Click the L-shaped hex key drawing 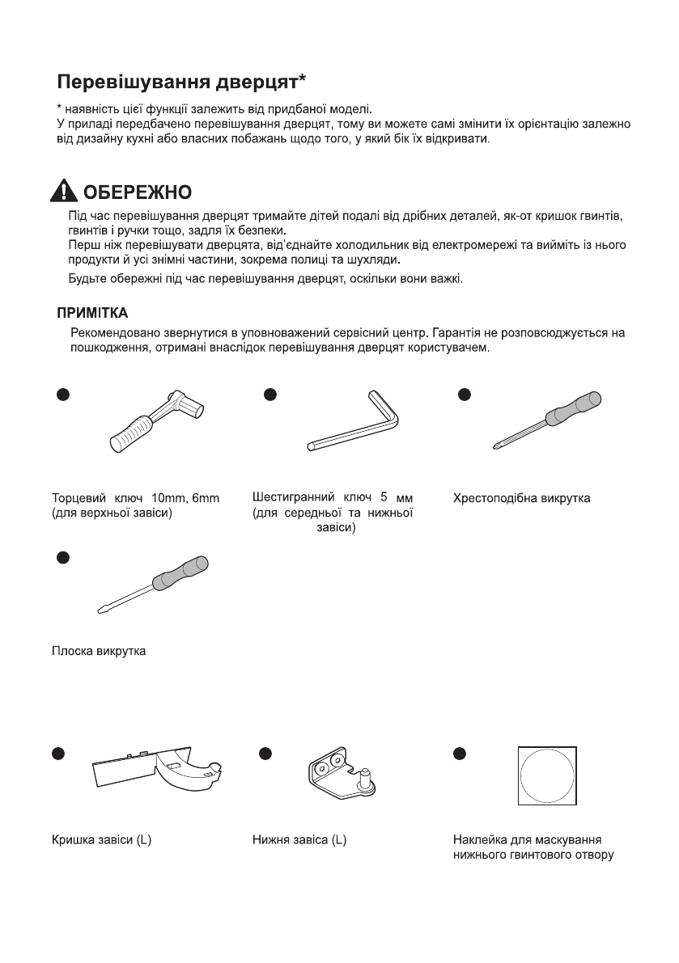[357, 420]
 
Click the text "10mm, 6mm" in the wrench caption [185, 497]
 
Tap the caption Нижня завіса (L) [299, 840]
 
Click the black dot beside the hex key [271, 395]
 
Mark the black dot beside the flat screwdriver [62, 557]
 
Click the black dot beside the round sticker [460, 753]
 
